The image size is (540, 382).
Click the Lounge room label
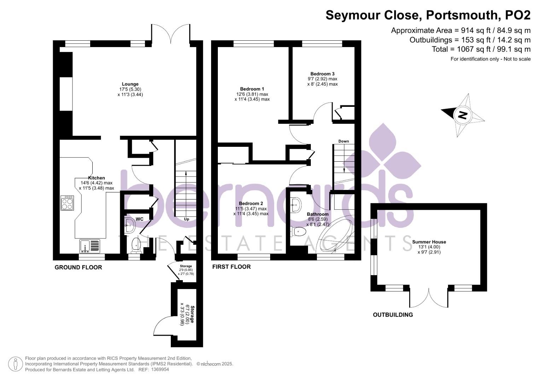coord(130,84)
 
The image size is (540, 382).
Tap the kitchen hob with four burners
coord(67,203)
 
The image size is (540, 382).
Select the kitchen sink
coord(90,246)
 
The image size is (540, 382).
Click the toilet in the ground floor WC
coord(136,245)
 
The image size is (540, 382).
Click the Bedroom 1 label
coord(252,89)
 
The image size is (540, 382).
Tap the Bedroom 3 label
coord(322,74)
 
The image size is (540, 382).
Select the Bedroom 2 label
coord(251,203)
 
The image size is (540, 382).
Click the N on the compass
coord(462,115)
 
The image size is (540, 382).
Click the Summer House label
coord(429,242)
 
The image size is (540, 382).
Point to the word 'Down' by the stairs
coord(343,141)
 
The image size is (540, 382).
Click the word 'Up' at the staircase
coord(187,219)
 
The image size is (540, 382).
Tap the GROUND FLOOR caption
coord(79,267)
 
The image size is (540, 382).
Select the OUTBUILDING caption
coord(393,315)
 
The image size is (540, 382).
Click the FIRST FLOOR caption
coord(231,267)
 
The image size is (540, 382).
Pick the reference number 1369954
coord(160,370)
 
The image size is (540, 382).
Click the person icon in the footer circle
coord(16,364)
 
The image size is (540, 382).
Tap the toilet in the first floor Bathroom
coord(298,232)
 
